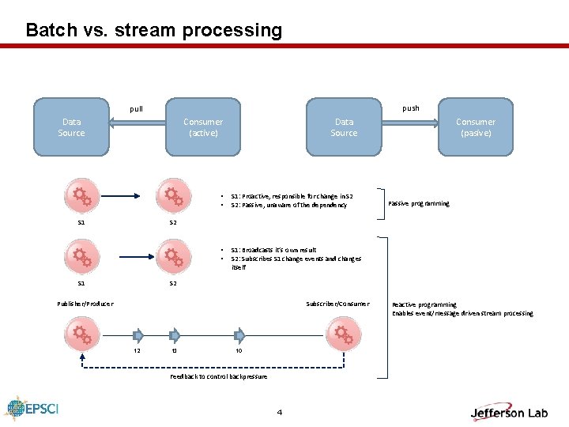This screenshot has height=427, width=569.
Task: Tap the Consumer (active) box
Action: pos(202,127)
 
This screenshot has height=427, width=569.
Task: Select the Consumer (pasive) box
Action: pos(475,127)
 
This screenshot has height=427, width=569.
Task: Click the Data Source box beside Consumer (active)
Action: pos(71,127)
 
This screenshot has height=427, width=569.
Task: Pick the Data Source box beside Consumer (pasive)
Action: pos(344,127)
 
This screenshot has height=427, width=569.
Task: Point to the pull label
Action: pos(137,109)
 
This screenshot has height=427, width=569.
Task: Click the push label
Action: pos(411,108)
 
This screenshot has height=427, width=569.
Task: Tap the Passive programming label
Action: pos(419,203)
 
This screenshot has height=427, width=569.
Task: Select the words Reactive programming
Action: pos(424,304)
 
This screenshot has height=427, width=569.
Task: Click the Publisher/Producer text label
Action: pos(85,304)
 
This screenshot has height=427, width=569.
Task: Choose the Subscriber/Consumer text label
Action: pos(337,304)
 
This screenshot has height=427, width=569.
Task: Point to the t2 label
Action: pos(137,350)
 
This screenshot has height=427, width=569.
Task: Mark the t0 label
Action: pos(239,350)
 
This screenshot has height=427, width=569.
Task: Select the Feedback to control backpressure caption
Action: pos(219,376)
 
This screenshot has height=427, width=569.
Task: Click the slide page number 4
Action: pos(280,412)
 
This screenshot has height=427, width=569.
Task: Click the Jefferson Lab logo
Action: pos(509,411)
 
